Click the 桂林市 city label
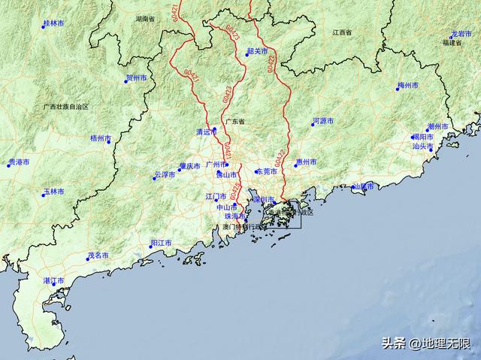tap(53, 24)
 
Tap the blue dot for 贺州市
tap(126, 81)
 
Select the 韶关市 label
tap(257, 51)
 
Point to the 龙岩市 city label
tap(461, 35)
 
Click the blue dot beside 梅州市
tap(398, 89)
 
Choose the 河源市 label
tap(324, 120)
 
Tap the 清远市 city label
tap(206, 132)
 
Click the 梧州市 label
tap(100, 138)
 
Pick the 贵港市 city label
tap(19, 162)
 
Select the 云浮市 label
tap(165, 174)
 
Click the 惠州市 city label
tap(306, 162)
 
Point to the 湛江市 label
tap(53, 280)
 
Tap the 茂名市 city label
tap(98, 256)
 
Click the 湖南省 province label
tap(146, 17)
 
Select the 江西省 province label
tap(343, 34)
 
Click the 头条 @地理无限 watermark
tap(425, 343)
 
